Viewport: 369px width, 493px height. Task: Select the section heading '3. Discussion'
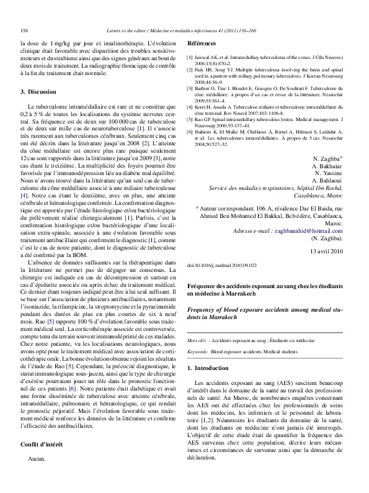(38, 92)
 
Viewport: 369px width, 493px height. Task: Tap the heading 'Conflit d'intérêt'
(45, 445)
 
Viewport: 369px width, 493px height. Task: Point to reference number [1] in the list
(190, 57)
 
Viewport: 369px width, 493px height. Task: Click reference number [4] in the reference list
(190, 106)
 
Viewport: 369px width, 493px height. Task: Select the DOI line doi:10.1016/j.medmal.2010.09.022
(221, 282)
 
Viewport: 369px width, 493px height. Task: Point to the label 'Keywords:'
(197, 351)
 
